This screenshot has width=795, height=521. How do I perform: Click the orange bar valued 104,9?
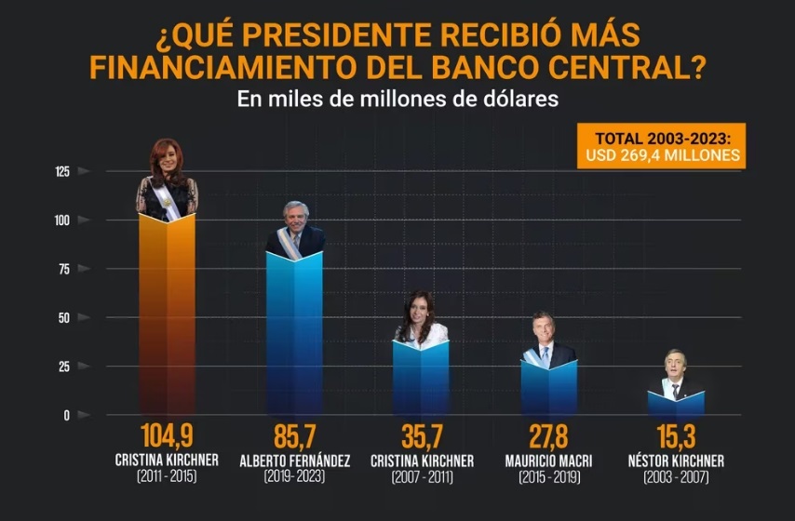(x=167, y=316)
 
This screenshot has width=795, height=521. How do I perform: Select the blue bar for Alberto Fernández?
(x=294, y=335)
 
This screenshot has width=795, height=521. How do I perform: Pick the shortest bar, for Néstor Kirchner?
(x=676, y=404)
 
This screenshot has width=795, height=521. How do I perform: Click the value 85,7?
(x=294, y=437)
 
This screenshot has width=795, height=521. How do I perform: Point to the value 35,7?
(x=422, y=437)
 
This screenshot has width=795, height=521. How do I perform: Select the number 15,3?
(x=676, y=437)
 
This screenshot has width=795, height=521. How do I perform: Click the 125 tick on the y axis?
(x=62, y=171)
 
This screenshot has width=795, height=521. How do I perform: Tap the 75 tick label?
(x=63, y=269)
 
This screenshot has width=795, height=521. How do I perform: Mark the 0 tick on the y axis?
(x=66, y=415)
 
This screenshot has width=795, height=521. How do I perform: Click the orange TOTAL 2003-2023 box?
(x=661, y=146)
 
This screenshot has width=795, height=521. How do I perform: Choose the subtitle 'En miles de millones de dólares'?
(x=397, y=99)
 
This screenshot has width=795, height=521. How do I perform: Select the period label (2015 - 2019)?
(x=548, y=478)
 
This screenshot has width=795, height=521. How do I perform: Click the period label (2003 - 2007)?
(x=676, y=478)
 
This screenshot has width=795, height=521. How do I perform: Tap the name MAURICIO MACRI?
(x=548, y=461)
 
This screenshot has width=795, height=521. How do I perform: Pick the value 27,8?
(x=548, y=437)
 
